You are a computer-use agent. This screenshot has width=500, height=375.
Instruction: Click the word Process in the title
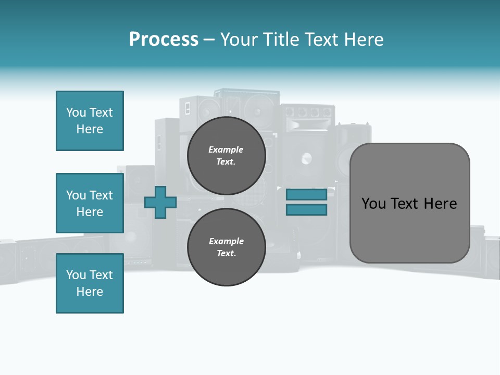[164, 40]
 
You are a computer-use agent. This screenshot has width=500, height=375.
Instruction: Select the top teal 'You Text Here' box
[90, 121]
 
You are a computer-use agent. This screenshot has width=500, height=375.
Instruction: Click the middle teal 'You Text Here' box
[90, 203]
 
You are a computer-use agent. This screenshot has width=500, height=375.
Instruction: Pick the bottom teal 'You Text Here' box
[90, 283]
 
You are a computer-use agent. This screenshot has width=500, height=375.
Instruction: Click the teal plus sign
[160, 202]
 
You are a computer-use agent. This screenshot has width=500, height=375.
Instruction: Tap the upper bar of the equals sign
[306, 194]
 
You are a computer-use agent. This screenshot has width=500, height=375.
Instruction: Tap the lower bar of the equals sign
[306, 210]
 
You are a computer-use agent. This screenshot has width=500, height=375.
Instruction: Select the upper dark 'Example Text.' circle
[226, 156]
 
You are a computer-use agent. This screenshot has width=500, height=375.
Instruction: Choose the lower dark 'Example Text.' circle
[226, 247]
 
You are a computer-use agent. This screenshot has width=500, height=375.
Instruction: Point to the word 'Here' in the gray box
[440, 204]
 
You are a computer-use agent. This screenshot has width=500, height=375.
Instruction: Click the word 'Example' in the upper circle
[226, 149]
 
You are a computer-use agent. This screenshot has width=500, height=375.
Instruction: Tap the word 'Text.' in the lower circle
[226, 254]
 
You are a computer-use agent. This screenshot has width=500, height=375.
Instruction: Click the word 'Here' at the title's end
[364, 40]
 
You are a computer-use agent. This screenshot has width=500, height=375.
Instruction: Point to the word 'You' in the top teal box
[76, 113]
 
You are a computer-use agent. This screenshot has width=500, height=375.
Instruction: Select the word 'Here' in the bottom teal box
[90, 292]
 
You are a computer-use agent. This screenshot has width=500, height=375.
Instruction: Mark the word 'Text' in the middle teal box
[101, 195]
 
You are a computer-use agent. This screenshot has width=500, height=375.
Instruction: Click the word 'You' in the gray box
[373, 204]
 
